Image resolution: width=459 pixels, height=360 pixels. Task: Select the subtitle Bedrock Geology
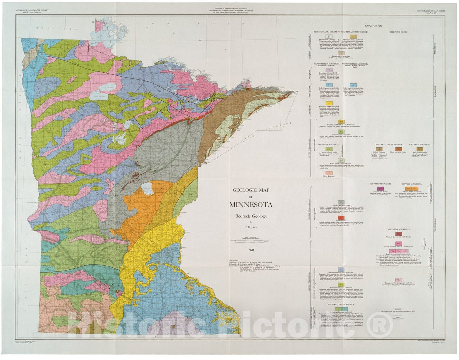251,216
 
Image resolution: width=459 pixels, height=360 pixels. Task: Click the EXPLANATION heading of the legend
373,26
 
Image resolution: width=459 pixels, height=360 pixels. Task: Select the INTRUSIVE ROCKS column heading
398,32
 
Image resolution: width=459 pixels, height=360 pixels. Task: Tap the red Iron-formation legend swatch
341,218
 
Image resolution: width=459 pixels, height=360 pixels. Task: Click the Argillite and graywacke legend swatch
341,202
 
